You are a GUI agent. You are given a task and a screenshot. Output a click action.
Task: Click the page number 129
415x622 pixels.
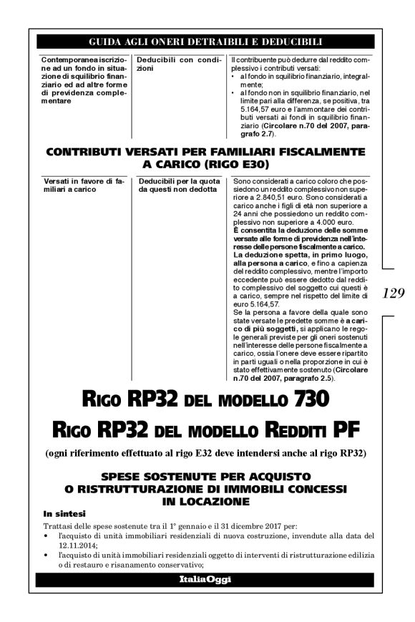[394, 293]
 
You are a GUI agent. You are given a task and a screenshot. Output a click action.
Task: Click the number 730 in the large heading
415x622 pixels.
[301, 399]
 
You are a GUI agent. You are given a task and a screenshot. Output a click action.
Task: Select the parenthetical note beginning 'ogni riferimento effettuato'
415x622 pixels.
[205, 453]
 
